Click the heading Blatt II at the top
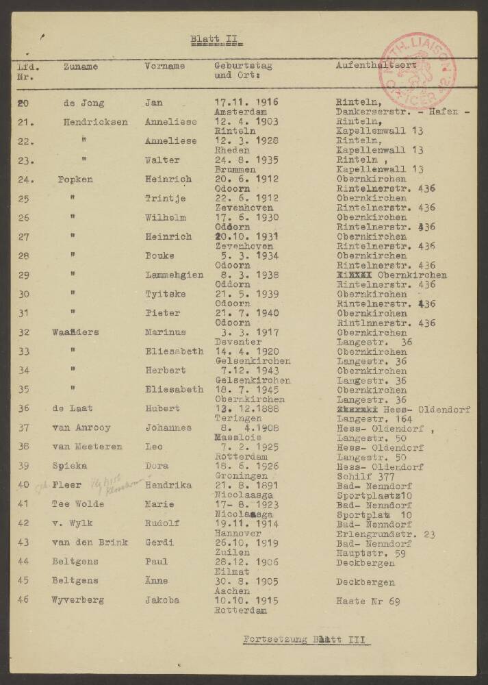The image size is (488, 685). coord(213,40)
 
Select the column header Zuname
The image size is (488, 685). coord(81,66)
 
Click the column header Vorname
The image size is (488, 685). coord(165,66)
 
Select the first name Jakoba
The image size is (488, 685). coord(162,600)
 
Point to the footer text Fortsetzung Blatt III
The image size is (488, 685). coord(307,640)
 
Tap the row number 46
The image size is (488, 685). coord(23,600)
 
